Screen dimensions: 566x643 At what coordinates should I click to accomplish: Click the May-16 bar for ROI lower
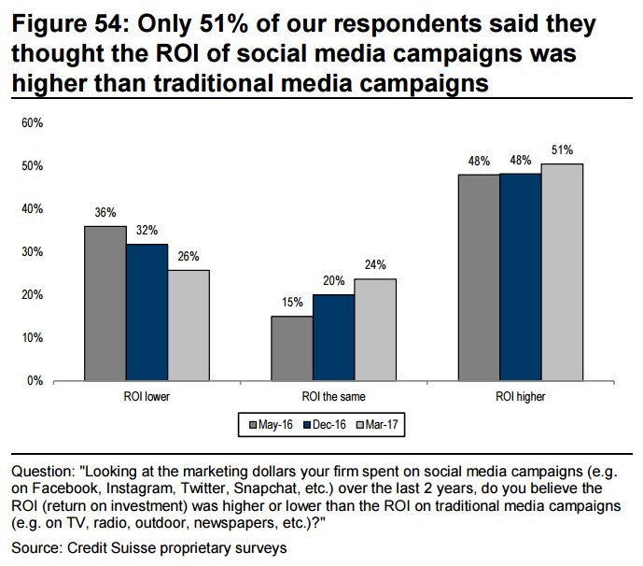tap(105, 304)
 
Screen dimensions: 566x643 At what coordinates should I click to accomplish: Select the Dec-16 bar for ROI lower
tap(147, 312)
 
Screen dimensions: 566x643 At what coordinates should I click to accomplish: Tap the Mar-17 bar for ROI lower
tap(188, 325)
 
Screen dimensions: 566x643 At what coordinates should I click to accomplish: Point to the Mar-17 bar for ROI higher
tap(562, 272)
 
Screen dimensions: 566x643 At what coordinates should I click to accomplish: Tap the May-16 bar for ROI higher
tap(479, 277)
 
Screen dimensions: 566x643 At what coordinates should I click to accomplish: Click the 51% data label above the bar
tap(562, 149)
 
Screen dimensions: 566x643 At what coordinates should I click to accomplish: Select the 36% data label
tap(105, 212)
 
